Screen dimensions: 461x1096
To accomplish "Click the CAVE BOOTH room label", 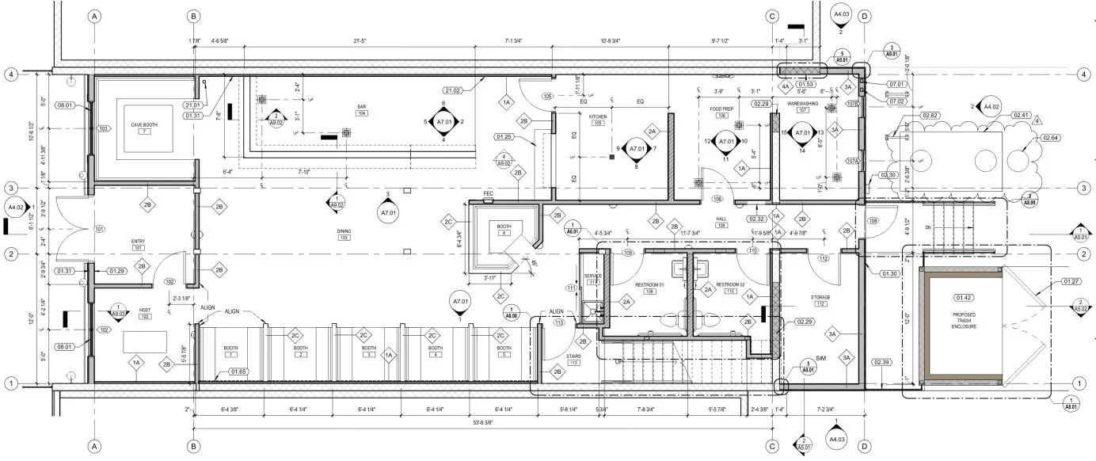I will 144,125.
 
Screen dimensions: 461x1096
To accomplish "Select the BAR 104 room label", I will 362,109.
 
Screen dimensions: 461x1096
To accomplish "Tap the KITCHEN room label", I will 598,117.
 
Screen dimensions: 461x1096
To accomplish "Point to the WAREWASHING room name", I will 802,104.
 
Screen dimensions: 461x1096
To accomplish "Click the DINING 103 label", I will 344,233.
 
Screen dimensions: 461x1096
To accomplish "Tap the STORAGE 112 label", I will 820,299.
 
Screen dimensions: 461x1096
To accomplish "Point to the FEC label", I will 489,193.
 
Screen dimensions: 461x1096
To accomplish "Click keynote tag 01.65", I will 238,371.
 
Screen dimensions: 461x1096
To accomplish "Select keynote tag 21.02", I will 453,90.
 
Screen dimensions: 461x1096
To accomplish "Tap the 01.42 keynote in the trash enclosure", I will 964,298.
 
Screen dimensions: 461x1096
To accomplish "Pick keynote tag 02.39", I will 882,363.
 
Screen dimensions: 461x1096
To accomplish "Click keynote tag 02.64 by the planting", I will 1050,139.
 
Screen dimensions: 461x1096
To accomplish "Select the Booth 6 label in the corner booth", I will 504,229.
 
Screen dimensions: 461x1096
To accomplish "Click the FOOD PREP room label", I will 721,110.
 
